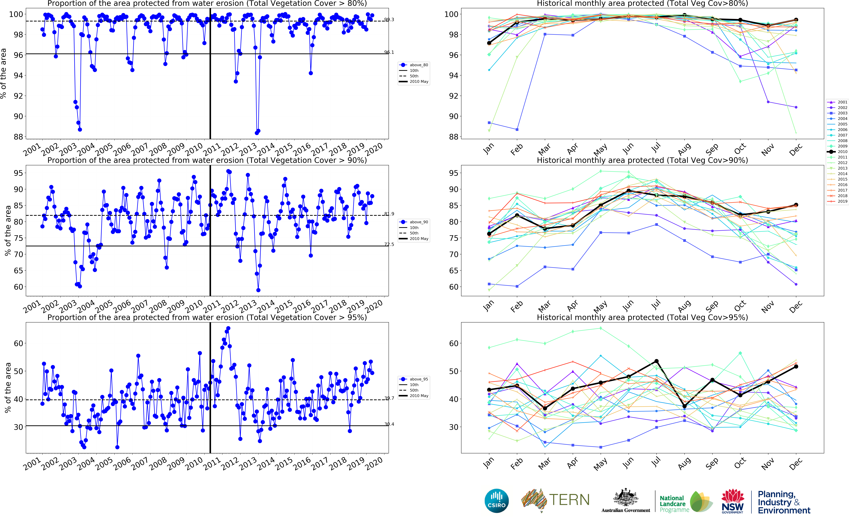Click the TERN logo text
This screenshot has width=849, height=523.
pyautogui.click(x=569, y=500)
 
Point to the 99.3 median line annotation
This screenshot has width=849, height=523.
pyautogui.click(x=389, y=20)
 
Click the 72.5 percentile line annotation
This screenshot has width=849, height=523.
pyautogui.click(x=389, y=245)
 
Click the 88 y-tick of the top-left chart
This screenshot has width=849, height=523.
pyautogui.click(x=18, y=137)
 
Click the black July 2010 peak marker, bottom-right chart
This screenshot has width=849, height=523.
pyautogui.click(x=656, y=361)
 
